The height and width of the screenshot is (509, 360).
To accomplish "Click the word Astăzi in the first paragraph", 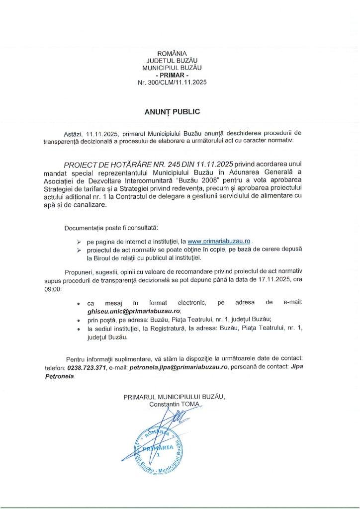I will coord(74,134).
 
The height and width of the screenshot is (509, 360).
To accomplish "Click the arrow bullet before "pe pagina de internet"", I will coord(78,241).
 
